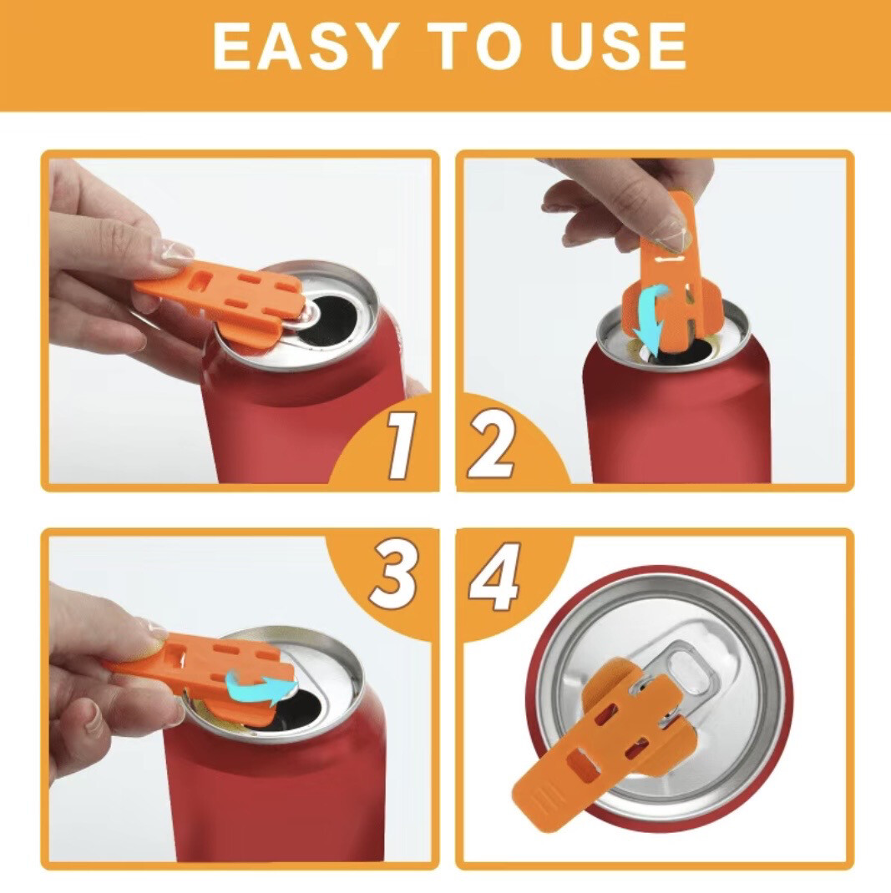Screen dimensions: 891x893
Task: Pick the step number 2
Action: coord(492,446)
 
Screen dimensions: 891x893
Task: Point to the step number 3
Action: coord(393,574)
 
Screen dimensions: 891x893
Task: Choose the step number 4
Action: coord(494,577)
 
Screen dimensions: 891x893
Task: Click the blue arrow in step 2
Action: coord(653,319)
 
